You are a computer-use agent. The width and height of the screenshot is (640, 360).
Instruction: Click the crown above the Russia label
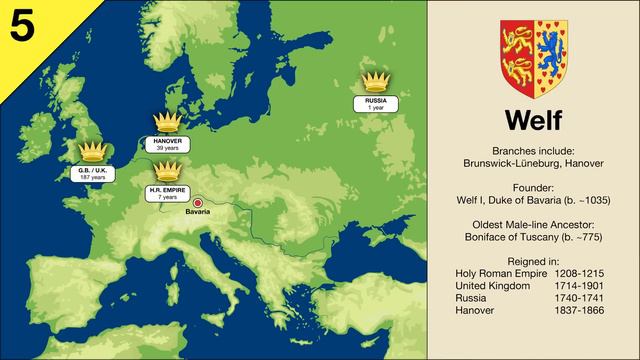[x=375, y=81]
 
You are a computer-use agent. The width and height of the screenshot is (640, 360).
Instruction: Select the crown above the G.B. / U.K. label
[x=92, y=151]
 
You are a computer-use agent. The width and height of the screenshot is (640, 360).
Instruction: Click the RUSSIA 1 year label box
[x=375, y=102]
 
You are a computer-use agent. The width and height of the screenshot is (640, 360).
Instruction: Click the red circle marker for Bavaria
[x=199, y=201]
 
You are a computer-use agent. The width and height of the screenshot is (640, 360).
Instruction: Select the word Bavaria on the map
[x=199, y=213]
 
